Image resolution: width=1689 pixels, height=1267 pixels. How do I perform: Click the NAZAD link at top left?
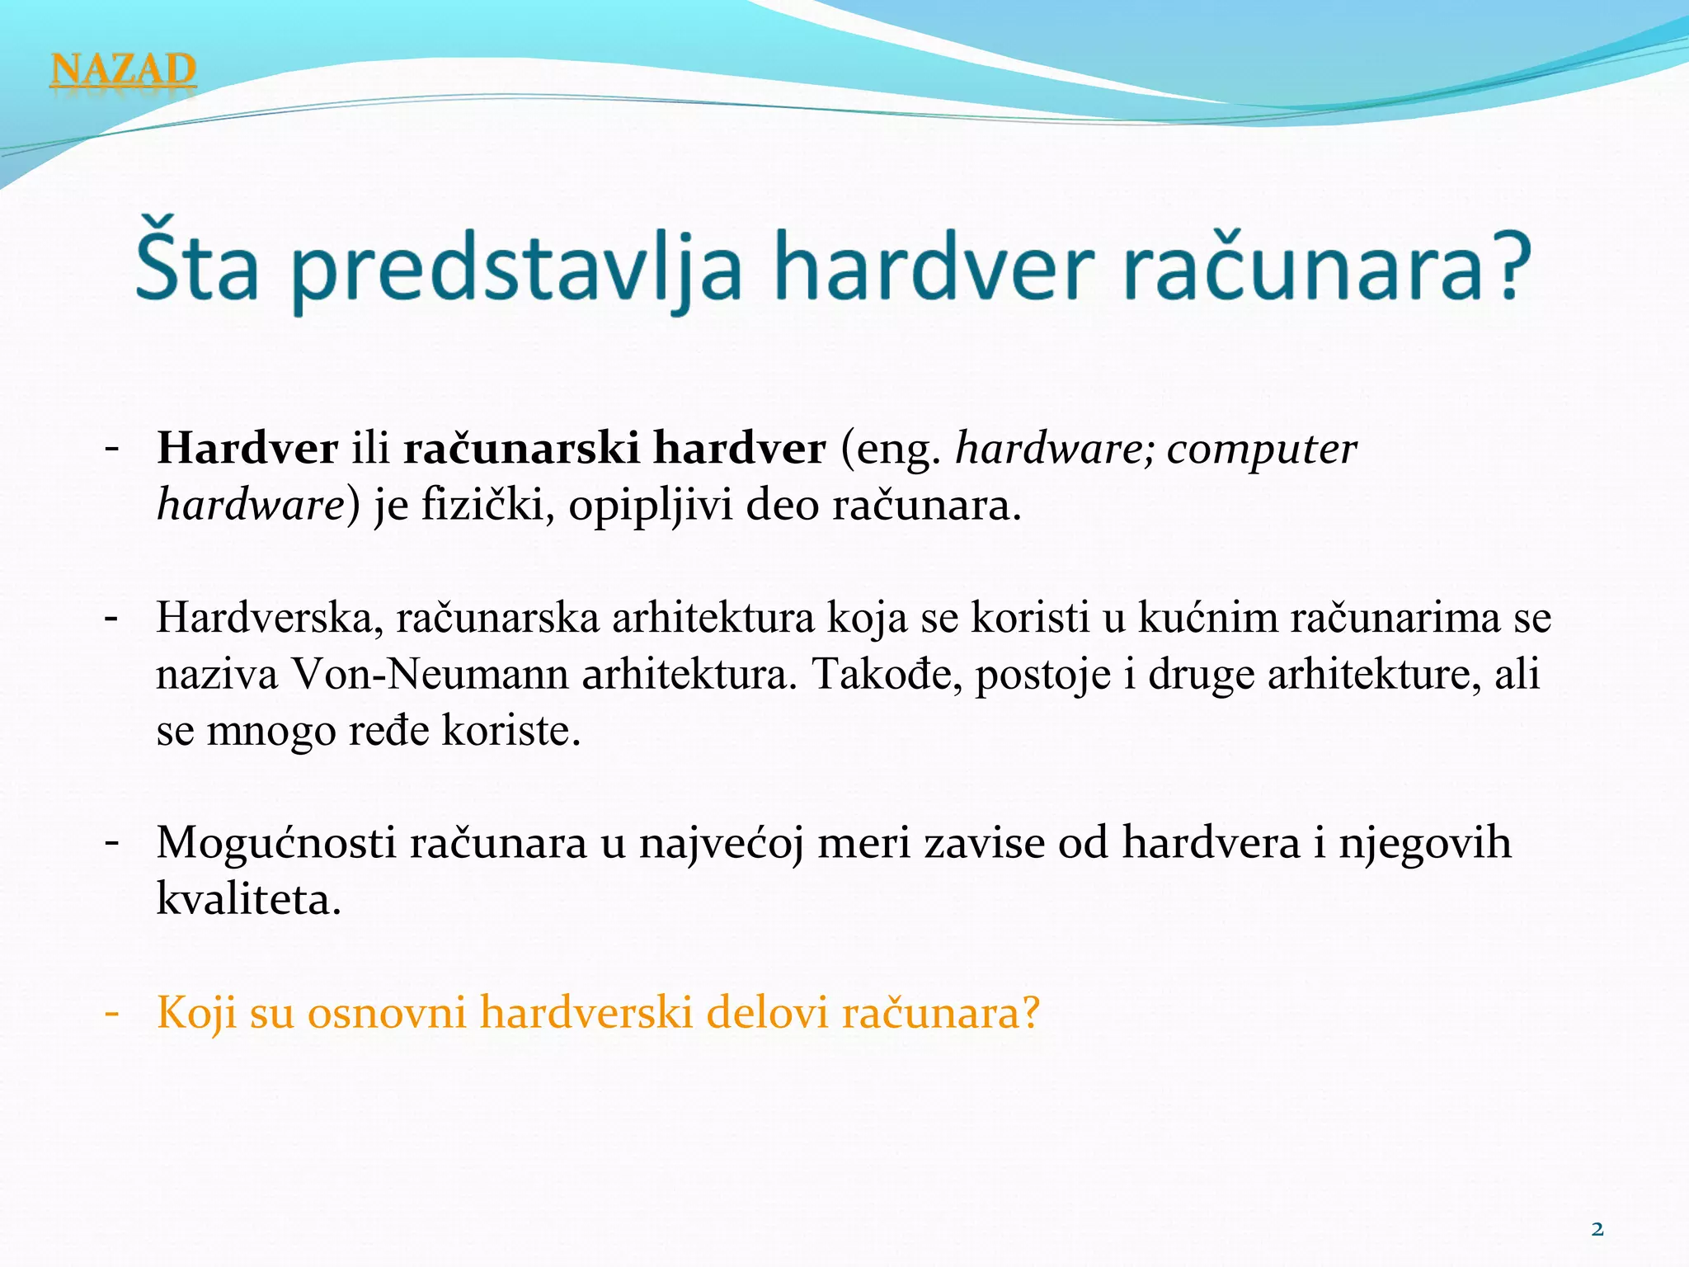click(x=123, y=69)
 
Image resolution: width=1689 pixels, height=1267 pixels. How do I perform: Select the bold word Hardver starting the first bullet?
click(x=247, y=449)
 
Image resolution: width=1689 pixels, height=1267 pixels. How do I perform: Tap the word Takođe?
click(x=887, y=675)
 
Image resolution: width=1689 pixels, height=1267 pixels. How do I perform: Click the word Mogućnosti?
click(x=276, y=843)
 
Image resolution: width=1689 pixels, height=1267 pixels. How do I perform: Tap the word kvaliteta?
click(x=248, y=899)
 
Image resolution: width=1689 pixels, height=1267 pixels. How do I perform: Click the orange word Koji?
click(x=197, y=1013)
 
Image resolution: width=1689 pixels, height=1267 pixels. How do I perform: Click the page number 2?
click(x=1597, y=1230)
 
